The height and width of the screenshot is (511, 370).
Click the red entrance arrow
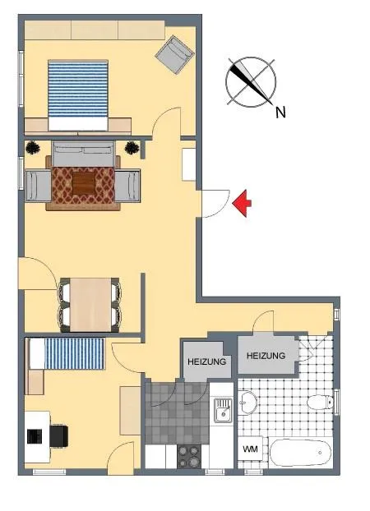242,204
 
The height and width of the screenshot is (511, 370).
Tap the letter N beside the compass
280,113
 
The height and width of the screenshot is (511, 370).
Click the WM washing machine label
250,449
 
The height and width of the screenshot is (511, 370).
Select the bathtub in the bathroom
301,453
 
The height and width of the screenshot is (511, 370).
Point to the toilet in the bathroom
320,402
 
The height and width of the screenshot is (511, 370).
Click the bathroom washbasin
247,403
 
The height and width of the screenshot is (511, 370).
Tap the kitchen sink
223,410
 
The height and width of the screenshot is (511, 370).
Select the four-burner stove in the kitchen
189,456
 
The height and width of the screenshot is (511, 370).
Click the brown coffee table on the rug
84,183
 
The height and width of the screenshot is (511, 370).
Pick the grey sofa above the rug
83,154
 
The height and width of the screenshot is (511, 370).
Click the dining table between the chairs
90,305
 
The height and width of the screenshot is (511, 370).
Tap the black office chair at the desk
58,435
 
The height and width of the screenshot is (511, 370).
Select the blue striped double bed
78,95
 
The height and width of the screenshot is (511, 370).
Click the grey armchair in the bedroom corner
175,55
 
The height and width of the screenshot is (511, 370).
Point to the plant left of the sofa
33,148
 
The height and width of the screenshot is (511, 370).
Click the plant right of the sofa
132,148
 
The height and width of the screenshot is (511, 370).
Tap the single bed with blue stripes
67,353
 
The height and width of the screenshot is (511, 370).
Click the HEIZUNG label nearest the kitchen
207,361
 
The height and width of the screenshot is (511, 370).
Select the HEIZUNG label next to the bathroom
266,356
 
